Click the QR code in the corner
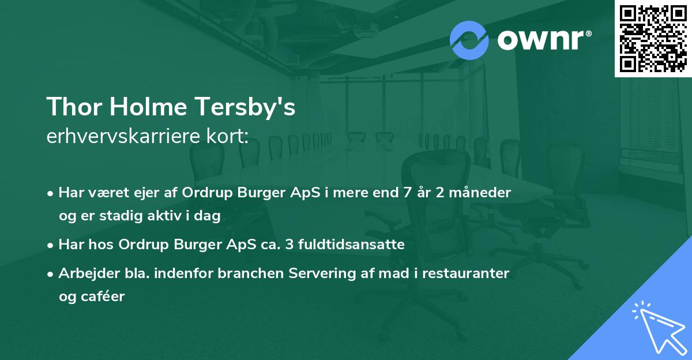tap(653, 39)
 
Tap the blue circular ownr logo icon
tap(469, 40)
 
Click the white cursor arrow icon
tap(657, 327)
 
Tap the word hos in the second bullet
tap(103, 245)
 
